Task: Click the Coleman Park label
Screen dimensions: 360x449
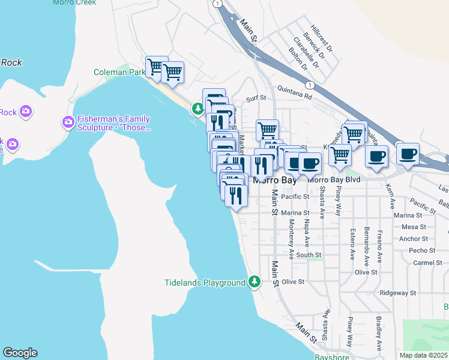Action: click(120, 72)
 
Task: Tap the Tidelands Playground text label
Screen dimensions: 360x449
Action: click(205, 282)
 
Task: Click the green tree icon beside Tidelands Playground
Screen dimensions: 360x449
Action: click(255, 281)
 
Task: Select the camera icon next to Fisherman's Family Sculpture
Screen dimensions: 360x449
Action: click(68, 122)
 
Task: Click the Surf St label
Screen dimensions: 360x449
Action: click(257, 100)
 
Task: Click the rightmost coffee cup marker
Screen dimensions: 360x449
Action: click(408, 154)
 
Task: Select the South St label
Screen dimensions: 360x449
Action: click(309, 255)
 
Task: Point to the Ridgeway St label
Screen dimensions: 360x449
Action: click(397, 293)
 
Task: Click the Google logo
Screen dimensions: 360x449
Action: click(20, 353)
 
